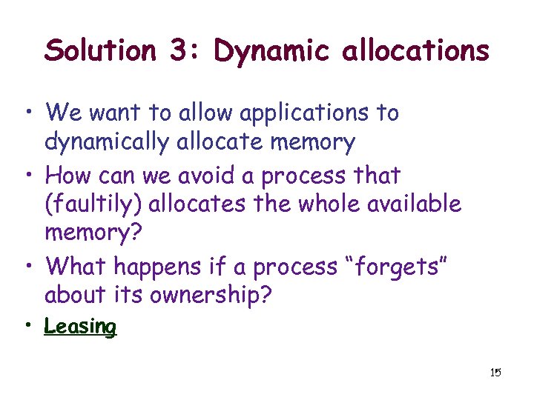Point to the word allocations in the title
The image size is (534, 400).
(415, 51)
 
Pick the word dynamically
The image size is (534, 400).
(108, 141)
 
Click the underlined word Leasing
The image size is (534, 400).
(80, 327)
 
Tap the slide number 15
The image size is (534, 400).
(495, 372)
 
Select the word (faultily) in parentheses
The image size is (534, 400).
(90, 203)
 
